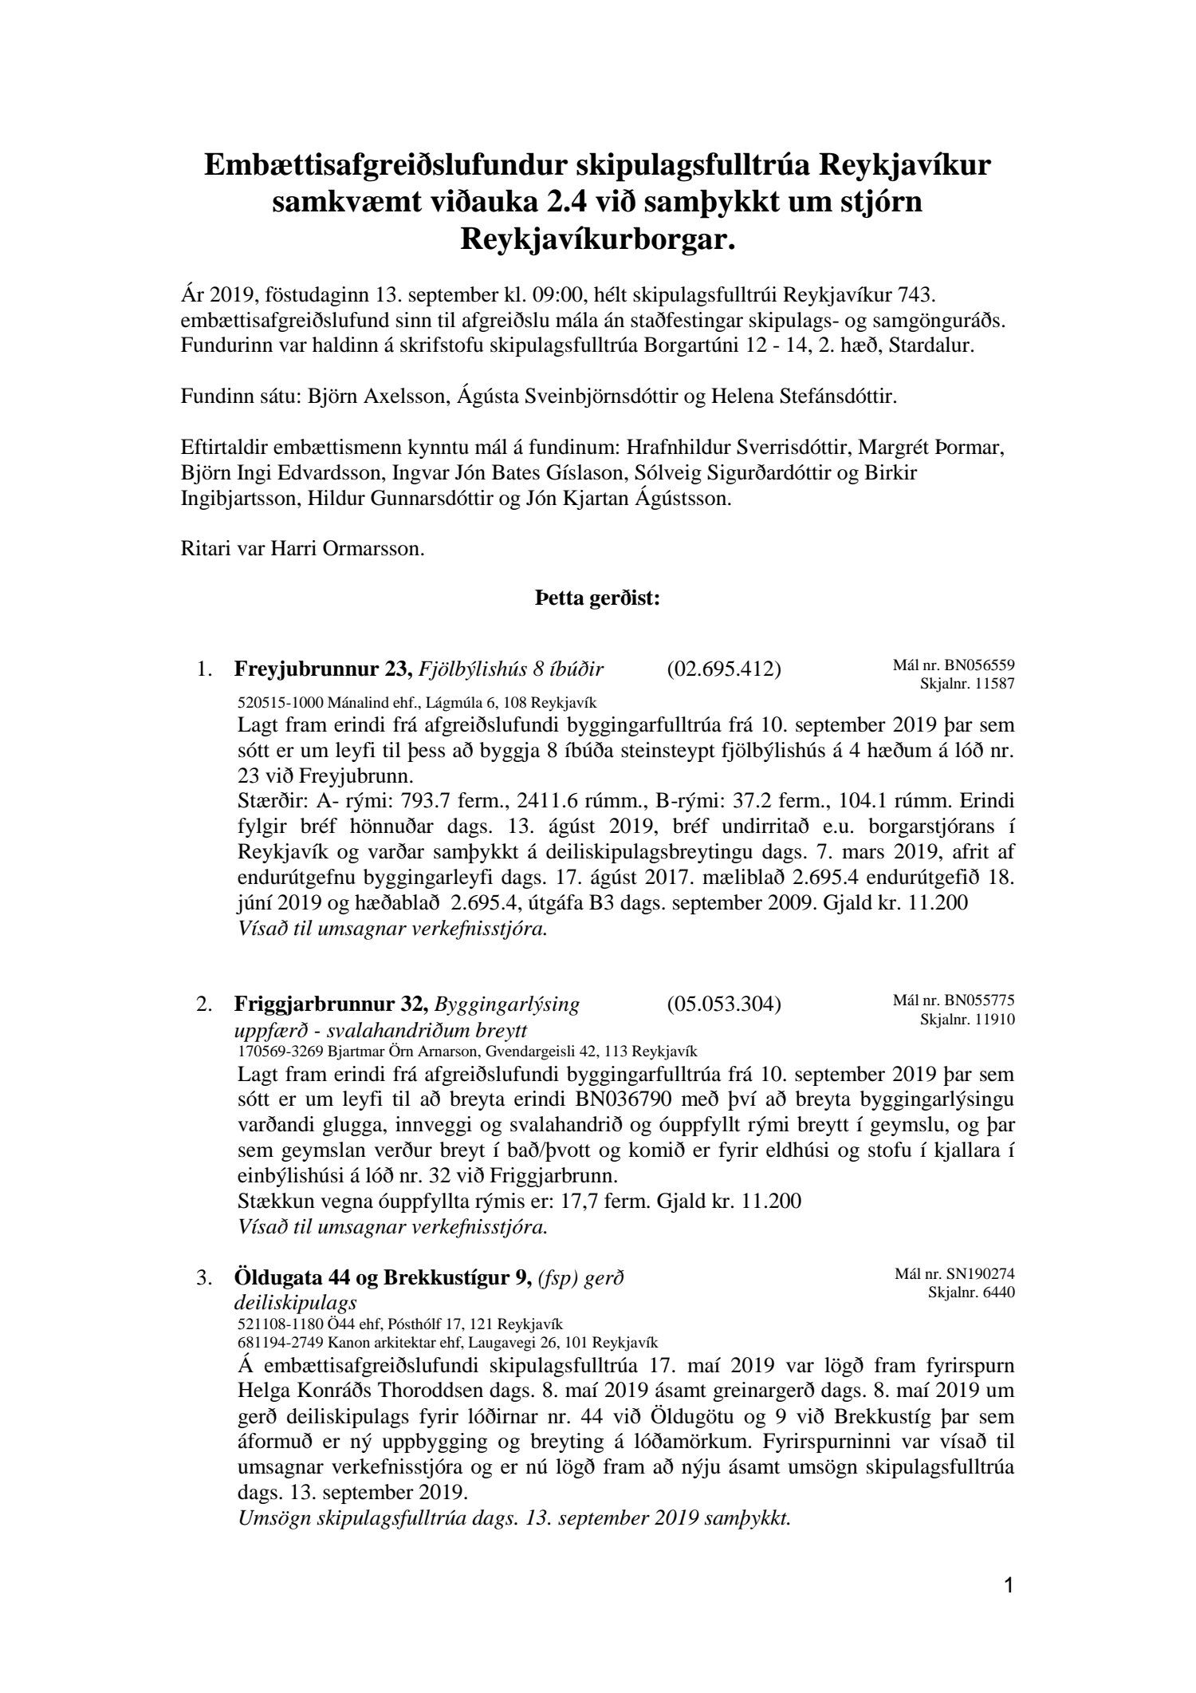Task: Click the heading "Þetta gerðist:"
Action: tap(597, 598)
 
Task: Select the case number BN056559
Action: tap(980, 665)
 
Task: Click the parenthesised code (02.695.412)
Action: tap(723, 669)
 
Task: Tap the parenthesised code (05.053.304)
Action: tap(723, 1004)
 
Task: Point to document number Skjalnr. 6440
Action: tap(971, 1292)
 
